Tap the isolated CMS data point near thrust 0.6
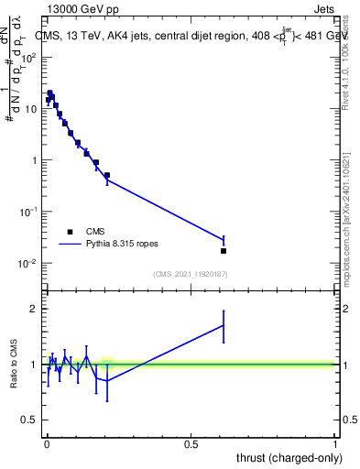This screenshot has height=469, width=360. pyautogui.click(x=224, y=251)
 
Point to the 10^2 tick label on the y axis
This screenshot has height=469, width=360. pyautogui.click(x=28, y=57)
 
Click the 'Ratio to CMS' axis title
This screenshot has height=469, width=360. pyautogui.click(x=14, y=365)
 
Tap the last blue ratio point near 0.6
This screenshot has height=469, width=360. pyautogui.click(x=224, y=325)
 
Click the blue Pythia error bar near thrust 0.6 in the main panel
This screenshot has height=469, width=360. pyautogui.click(x=224, y=239)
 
